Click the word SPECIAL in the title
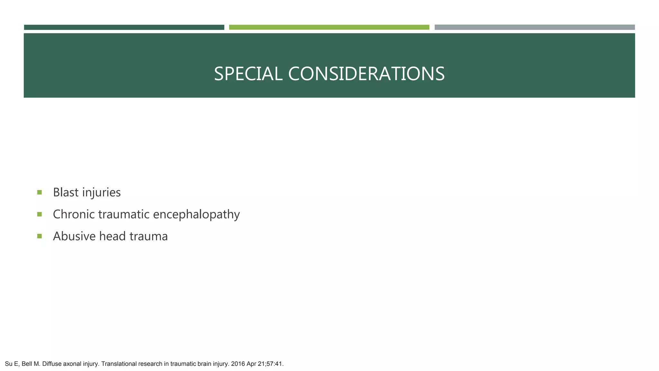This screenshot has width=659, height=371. [248, 74]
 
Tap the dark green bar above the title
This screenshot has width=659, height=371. [124, 27]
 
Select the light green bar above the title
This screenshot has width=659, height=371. [329, 27]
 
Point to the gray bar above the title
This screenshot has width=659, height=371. [534, 27]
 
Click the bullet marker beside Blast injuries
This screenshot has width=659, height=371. [40, 193]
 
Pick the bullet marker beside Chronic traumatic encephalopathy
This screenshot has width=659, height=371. [40, 214]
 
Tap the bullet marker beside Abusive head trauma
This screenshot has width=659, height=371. [40, 236]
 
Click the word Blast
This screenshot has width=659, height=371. [66, 192]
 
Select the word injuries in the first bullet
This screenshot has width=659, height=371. [101, 193]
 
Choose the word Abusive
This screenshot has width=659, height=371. [74, 236]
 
